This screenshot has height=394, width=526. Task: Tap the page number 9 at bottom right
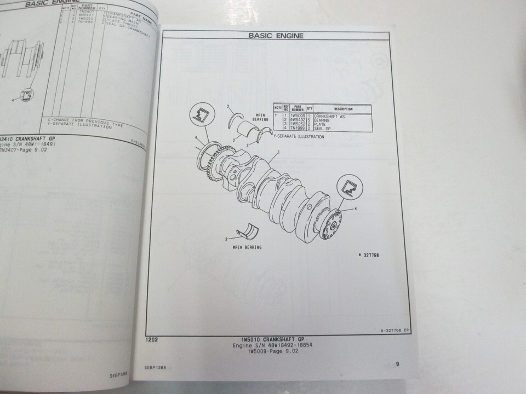click(x=398, y=363)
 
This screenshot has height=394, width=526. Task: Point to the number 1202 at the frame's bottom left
click(x=152, y=340)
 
